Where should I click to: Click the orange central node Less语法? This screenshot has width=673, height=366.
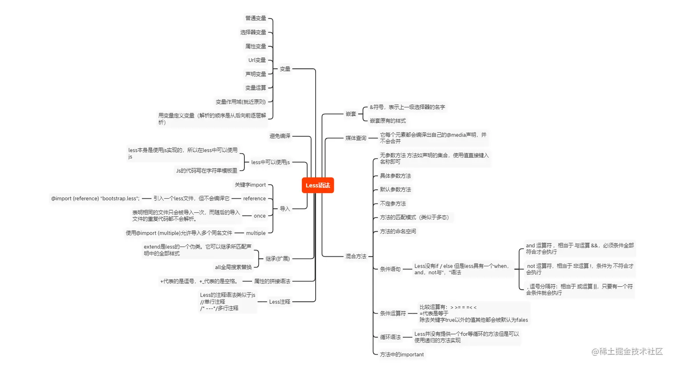coord(318,185)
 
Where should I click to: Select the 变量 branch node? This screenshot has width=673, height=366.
coord(285,69)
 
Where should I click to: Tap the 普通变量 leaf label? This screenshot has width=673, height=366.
coord(255,18)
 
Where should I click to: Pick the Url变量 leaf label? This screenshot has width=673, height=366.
coord(257,60)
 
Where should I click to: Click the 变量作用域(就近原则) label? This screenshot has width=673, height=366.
coord(240,102)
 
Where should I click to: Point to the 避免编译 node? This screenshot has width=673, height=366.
coord(280,136)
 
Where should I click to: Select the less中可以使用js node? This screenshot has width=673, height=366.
coord(270,163)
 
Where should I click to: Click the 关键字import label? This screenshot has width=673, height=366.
coord(250,185)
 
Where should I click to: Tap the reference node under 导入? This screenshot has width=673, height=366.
coord(254,199)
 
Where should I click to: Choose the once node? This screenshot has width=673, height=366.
coord(259,216)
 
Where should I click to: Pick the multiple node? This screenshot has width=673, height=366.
coord(255,233)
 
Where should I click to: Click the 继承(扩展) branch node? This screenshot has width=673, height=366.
coord(277,259)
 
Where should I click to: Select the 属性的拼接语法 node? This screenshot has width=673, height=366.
coord(272,281)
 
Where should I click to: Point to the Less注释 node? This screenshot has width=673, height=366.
coord(280,302)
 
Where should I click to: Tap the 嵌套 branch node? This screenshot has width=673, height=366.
coord(351,114)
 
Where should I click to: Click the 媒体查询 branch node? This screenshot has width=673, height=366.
coord(356,138)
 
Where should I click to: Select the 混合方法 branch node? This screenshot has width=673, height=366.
coord(356,256)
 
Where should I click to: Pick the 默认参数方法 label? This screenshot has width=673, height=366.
coord(395,190)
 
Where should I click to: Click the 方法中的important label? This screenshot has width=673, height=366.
coord(401,355)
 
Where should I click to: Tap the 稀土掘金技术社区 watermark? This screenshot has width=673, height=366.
coord(627,352)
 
